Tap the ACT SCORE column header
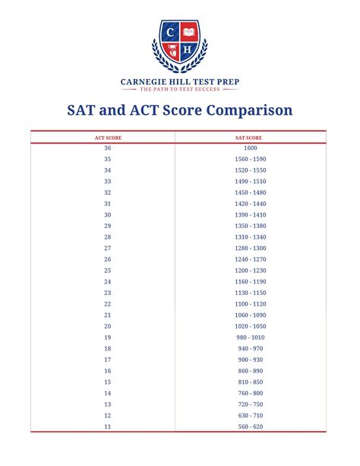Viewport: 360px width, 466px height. click(x=107, y=138)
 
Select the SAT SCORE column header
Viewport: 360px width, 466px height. click(x=251, y=138)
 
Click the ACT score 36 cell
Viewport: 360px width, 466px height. click(x=107, y=147)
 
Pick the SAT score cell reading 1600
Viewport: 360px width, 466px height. click(x=251, y=147)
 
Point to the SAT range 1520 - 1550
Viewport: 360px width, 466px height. click(x=251, y=170)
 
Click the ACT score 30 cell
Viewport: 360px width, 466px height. click(x=107, y=214)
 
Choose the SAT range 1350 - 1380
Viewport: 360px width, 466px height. click(x=251, y=226)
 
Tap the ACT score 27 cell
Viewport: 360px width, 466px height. click(x=107, y=248)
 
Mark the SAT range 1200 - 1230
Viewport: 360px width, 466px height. click(x=251, y=271)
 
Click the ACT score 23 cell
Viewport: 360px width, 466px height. click(x=107, y=293)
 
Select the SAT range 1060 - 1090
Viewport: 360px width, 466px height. click(x=251, y=315)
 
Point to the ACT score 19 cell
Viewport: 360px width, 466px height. click(x=107, y=337)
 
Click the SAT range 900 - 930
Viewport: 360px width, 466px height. click(x=251, y=360)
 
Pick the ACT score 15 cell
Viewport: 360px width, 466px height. click(x=107, y=382)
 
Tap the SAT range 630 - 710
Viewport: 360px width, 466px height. click(x=251, y=415)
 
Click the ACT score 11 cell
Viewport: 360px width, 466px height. click(x=107, y=426)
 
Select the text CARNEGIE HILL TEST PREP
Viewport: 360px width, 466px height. click(x=179, y=81)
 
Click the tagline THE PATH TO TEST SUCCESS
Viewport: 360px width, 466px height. click(x=179, y=90)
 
